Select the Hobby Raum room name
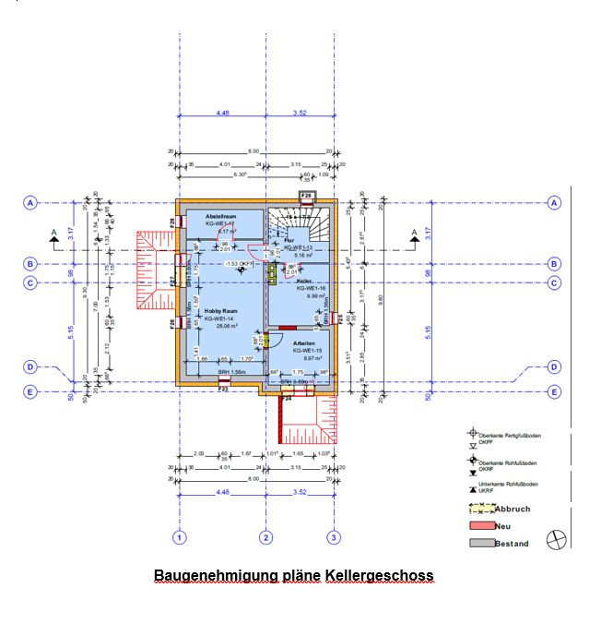(x=209, y=311)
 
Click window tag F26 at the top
(x=306, y=196)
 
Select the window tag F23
(x=223, y=388)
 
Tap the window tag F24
(x=287, y=400)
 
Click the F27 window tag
(x=172, y=281)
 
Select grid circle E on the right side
(x=554, y=391)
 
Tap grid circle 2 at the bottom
(x=265, y=537)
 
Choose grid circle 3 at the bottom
(x=334, y=537)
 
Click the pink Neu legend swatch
(x=481, y=526)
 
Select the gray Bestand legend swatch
(x=481, y=543)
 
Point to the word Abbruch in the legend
(x=513, y=509)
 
